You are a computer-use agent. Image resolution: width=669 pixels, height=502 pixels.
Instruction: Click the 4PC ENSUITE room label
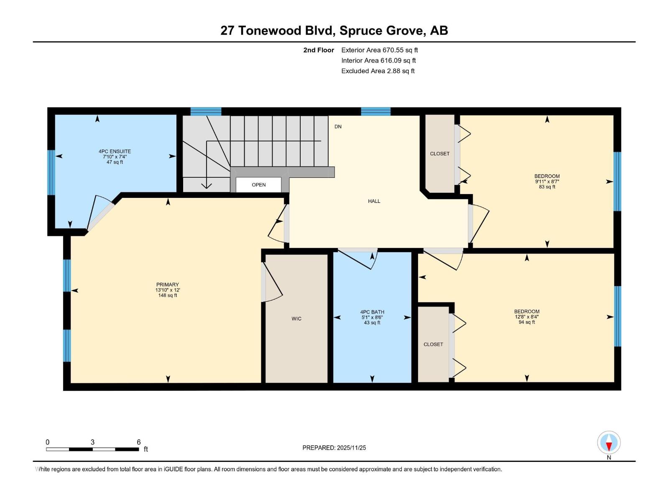coord(115,151)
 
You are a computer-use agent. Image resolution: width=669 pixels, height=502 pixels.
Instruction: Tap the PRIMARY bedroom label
coord(167,284)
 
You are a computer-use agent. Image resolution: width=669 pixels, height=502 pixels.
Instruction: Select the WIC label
coord(296,319)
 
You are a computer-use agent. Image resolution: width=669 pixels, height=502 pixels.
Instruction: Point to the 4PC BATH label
coord(372,312)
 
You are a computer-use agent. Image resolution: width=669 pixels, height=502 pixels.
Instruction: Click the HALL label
coord(374,201)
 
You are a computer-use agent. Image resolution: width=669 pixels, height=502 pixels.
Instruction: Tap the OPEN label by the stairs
coord(258,185)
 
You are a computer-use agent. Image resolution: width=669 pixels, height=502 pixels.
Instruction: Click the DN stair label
coord(338,127)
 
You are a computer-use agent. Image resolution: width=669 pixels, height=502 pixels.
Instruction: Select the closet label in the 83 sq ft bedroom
coord(439,154)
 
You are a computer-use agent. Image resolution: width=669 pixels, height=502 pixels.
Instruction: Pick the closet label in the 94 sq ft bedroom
coord(433,344)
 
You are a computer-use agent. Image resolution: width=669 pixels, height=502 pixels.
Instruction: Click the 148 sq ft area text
coord(167,295)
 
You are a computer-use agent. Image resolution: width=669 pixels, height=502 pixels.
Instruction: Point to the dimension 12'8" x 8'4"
coord(527,317)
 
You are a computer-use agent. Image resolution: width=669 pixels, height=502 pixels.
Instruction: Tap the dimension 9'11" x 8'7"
coord(547,182)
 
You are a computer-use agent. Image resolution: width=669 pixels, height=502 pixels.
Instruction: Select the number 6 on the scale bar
coord(139,442)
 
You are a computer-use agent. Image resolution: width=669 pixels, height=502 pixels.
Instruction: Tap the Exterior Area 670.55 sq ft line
coord(379,50)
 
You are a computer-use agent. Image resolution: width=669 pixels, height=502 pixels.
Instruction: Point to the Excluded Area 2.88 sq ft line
coord(378,71)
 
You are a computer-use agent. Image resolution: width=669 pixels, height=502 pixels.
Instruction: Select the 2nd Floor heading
coord(319,50)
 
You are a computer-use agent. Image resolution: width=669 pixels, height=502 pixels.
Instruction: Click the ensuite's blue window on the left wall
coord(51,172)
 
